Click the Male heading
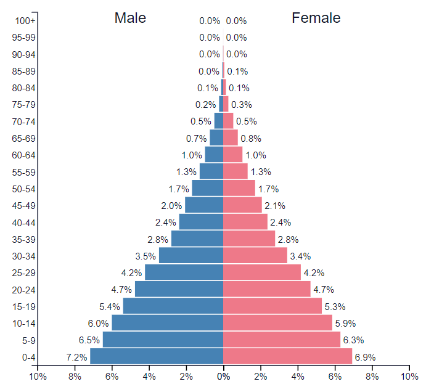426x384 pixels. coord(130,18)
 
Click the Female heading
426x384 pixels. coord(316,18)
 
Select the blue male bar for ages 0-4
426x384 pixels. coord(157,356)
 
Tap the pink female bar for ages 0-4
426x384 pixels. coord(287,356)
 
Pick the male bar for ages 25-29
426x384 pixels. coord(184,272)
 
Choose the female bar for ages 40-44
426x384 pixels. coord(245,222)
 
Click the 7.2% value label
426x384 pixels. coord(76,357)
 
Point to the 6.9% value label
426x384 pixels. coord(364,357)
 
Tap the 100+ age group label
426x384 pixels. coord(26,21)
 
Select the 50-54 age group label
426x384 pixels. coord(24,189)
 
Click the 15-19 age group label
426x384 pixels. coord(24,306)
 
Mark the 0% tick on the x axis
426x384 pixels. coord(223,376)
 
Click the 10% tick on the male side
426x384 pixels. coord(38,376)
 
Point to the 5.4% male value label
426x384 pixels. coord(109,306)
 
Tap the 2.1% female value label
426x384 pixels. coord(274,206)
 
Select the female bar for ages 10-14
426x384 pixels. coord(277,323)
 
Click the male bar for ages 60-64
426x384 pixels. coord(214,155)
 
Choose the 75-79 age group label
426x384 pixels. coord(24,105)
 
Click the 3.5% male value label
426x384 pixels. coord(145,256)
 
